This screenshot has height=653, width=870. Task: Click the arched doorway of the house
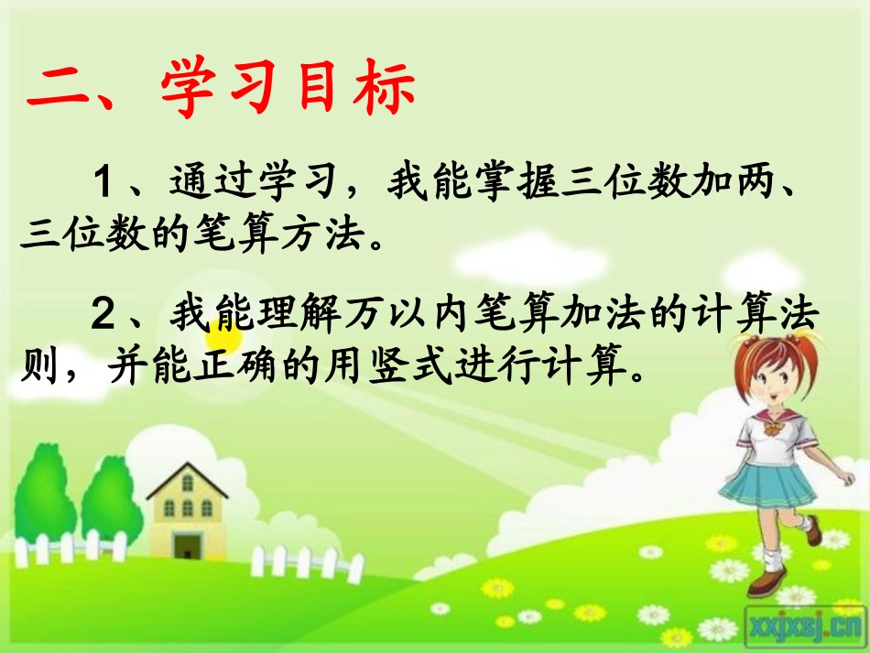click(188, 544)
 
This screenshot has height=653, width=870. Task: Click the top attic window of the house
click(187, 482)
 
